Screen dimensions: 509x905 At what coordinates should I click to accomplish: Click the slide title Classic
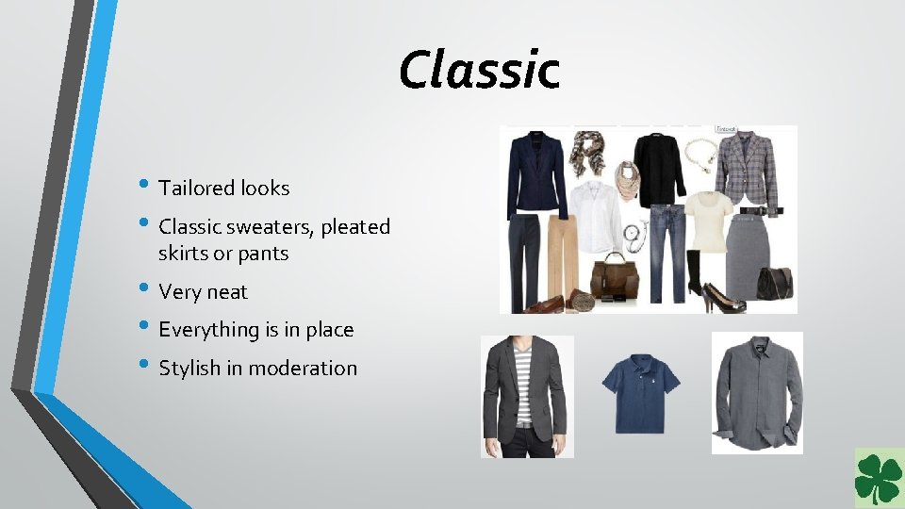click(x=479, y=70)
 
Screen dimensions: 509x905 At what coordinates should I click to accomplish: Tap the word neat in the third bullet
click(x=229, y=292)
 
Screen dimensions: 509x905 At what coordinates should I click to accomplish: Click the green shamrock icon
click(x=878, y=479)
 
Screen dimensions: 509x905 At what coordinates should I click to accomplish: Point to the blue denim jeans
click(x=666, y=250)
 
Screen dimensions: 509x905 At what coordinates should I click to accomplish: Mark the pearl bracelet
click(x=699, y=152)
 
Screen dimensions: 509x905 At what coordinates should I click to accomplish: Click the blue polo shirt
click(x=641, y=393)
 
